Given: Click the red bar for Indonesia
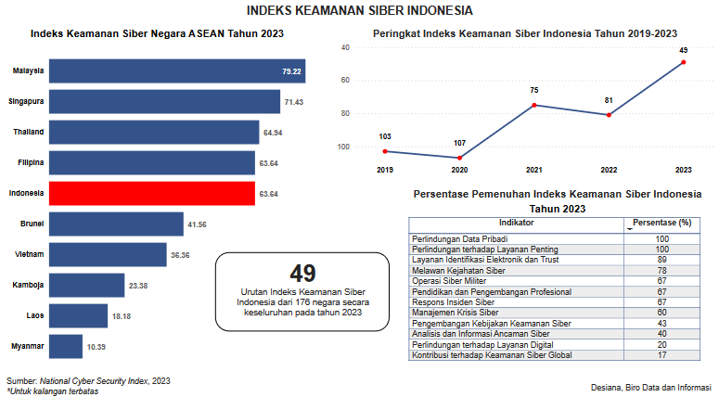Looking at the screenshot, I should pyautogui.click(x=151, y=194).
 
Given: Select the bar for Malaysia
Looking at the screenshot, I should pyautogui.click(x=176, y=71).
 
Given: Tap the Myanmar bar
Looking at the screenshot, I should pyautogui.click(x=65, y=346).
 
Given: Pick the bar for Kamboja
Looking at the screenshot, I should pyautogui.click(x=86, y=285).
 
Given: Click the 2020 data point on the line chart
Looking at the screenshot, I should pyautogui.click(x=459, y=158).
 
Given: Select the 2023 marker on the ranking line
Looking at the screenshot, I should pyautogui.click(x=684, y=62).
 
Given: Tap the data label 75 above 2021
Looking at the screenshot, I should pyautogui.click(x=534, y=90).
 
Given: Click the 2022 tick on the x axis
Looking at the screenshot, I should pyautogui.click(x=609, y=170).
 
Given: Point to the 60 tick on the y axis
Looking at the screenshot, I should pyautogui.click(x=344, y=80).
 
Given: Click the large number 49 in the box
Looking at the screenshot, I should pyautogui.click(x=302, y=273).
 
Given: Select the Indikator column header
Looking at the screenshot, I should pyautogui.click(x=516, y=223).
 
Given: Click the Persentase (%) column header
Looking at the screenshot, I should pyautogui.click(x=661, y=223).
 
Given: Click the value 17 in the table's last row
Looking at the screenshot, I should pyautogui.click(x=661, y=355).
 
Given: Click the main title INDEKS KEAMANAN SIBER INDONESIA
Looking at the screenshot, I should pyautogui.click(x=360, y=10).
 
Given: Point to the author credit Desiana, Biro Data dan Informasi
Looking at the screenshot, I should pyautogui.click(x=650, y=386).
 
